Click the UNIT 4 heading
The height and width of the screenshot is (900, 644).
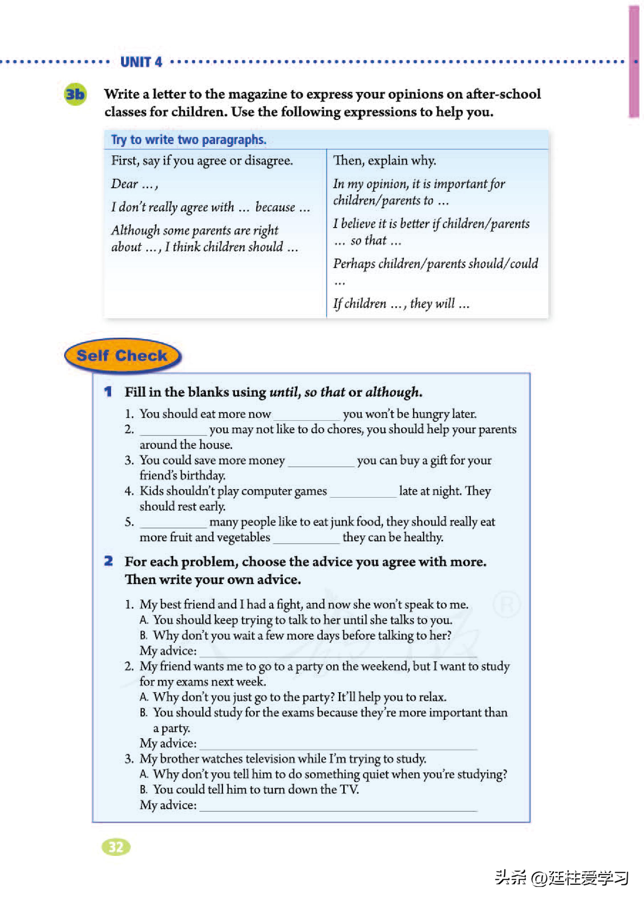coord(141,62)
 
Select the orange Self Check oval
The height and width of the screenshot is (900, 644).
coord(122,356)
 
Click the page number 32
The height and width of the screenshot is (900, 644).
coord(116,847)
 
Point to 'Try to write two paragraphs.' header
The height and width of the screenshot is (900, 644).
coord(188,140)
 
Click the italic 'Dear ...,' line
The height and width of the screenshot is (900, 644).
coord(134,184)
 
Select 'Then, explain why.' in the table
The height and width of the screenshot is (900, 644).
coord(384,161)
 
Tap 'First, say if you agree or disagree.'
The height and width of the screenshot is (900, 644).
coord(202,161)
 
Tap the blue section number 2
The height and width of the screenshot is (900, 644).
coord(108,561)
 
